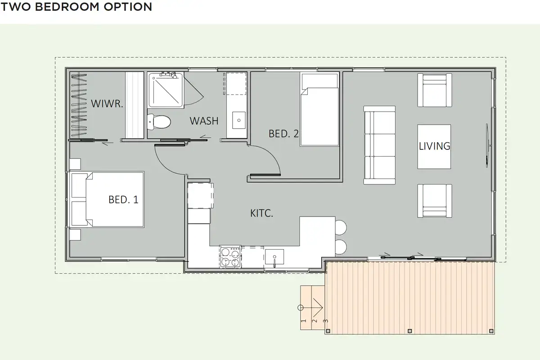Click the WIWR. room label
pyautogui.click(x=107, y=103)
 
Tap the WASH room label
pyautogui.click(x=204, y=121)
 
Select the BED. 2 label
pyautogui.click(x=283, y=134)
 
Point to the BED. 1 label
pyautogui.click(x=123, y=199)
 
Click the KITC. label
pyautogui.click(x=261, y=213)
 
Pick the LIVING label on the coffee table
pyautogui.click(x=434, y=146)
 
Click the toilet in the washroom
pyautogui.click(x=159, y=121)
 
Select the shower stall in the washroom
pyautogui.click(x=166, y=90)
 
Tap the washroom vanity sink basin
pyautogui.click(x=239, y=120)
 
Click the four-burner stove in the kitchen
pyautogui.click(x=230, y=256)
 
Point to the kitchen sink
pyautogui.click(x=274, y=257)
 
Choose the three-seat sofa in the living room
pyautogui.click(x=379, y=145)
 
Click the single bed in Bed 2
pyautogui.click(x=319, y=110)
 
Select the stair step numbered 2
pyautogui.click(x=315, y=321)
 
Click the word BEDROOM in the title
pyautogui.click(x=67, y=7)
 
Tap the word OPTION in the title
pyautogui.click(x=128, y=7)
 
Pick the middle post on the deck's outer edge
pyautogui.click(x=410, y=331)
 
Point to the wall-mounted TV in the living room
pyautogui.click(x=487, y=145)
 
